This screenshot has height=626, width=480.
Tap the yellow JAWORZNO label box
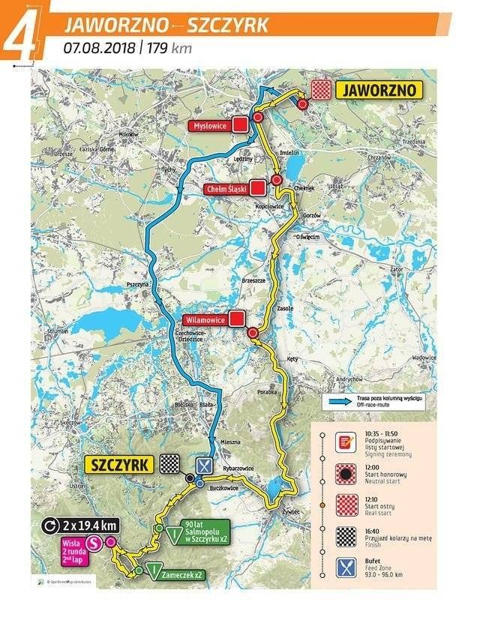380,91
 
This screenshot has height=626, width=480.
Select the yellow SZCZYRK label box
118,464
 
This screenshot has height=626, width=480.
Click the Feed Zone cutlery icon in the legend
345,567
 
